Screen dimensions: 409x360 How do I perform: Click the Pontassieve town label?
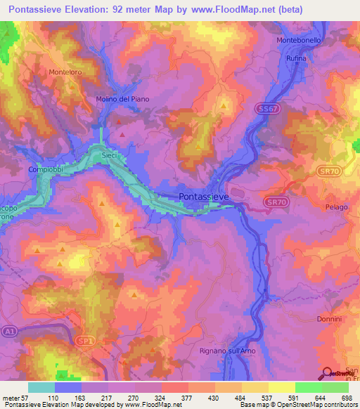pos(204,197)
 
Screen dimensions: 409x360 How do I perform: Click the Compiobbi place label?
pos(46,169)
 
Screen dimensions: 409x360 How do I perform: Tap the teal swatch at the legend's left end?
pos(41,387)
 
